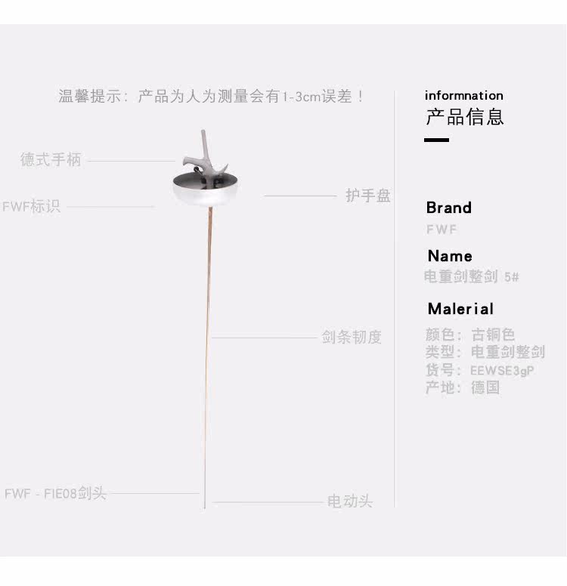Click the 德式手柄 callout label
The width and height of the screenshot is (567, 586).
tap(51, 160)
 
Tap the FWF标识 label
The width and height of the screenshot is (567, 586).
tap(31, 206)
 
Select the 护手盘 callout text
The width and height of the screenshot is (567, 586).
tap(368, 196)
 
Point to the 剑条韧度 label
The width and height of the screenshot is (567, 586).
tap(352, 337)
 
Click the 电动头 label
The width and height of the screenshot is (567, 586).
tap(350, 501)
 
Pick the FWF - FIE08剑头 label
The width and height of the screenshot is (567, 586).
tap(55, 494)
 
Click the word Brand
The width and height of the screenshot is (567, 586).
tap(448, 208)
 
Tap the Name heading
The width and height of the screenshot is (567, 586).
tap(449, 256)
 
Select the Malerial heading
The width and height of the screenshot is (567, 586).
tap(460, 309)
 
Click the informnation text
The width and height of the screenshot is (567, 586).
tap(463, 95)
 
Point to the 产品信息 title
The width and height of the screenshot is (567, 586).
tap(465, 117)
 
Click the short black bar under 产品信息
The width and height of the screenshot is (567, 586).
tap(436, 140)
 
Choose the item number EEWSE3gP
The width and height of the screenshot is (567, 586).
tap(502, 371)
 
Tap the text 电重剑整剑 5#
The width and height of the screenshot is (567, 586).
tap(472, 277)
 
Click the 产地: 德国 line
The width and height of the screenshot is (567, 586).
tap(463, 388)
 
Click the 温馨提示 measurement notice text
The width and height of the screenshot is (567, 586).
tap(212, 97)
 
